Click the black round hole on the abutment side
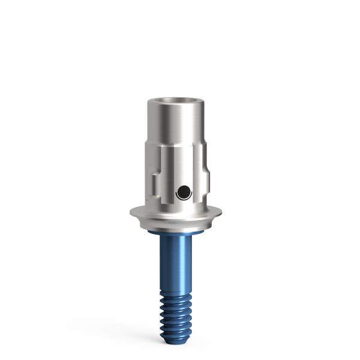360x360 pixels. click(x=184, y=192)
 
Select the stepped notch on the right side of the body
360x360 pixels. click(x=207, y=179)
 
